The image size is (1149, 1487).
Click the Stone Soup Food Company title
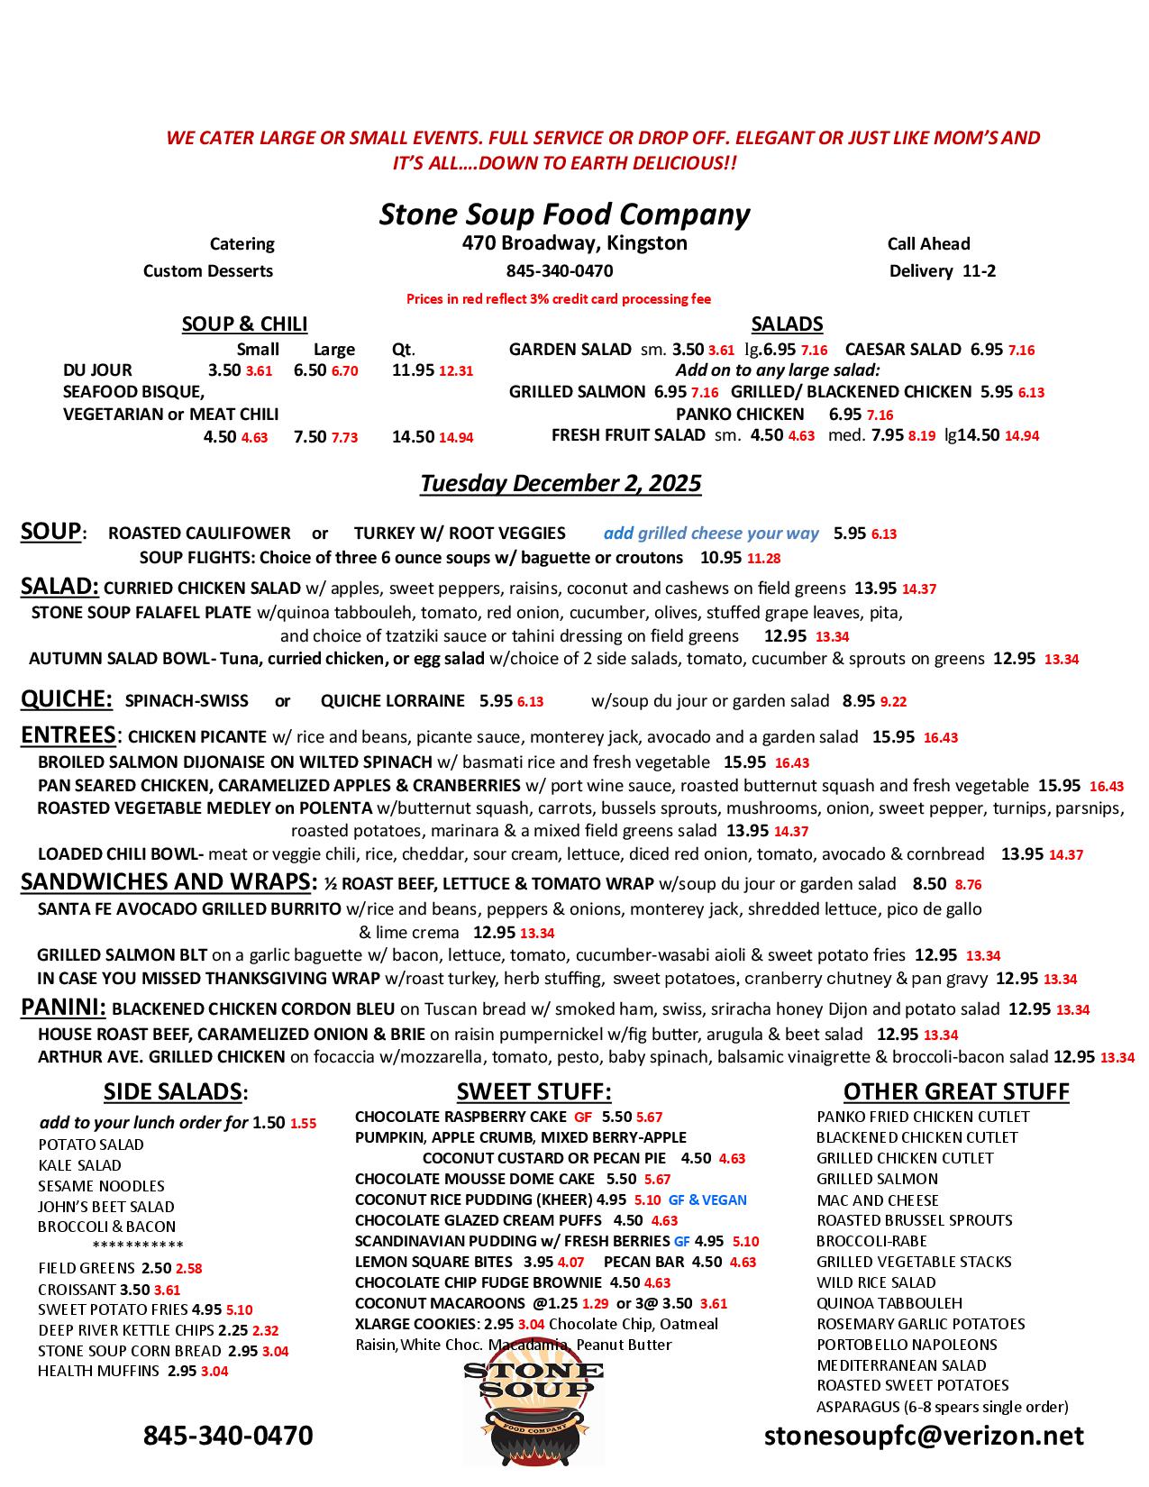564,214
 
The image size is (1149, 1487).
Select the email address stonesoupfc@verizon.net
924,1436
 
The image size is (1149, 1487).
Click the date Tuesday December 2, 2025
561,483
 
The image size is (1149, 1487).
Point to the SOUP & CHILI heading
244,324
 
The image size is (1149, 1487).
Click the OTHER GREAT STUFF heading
956,1092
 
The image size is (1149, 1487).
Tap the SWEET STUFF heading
533,1092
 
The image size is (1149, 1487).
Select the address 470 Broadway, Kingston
574,243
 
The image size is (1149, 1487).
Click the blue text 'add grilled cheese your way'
711,534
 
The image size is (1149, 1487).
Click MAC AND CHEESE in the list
878,1200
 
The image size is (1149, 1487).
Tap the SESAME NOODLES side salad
101,1186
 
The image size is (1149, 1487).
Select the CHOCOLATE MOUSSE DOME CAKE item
475,1179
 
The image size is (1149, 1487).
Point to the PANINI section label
63,1008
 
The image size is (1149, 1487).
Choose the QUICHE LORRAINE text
393,701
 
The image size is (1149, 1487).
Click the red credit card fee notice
559,299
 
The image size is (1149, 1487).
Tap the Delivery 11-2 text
943,271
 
